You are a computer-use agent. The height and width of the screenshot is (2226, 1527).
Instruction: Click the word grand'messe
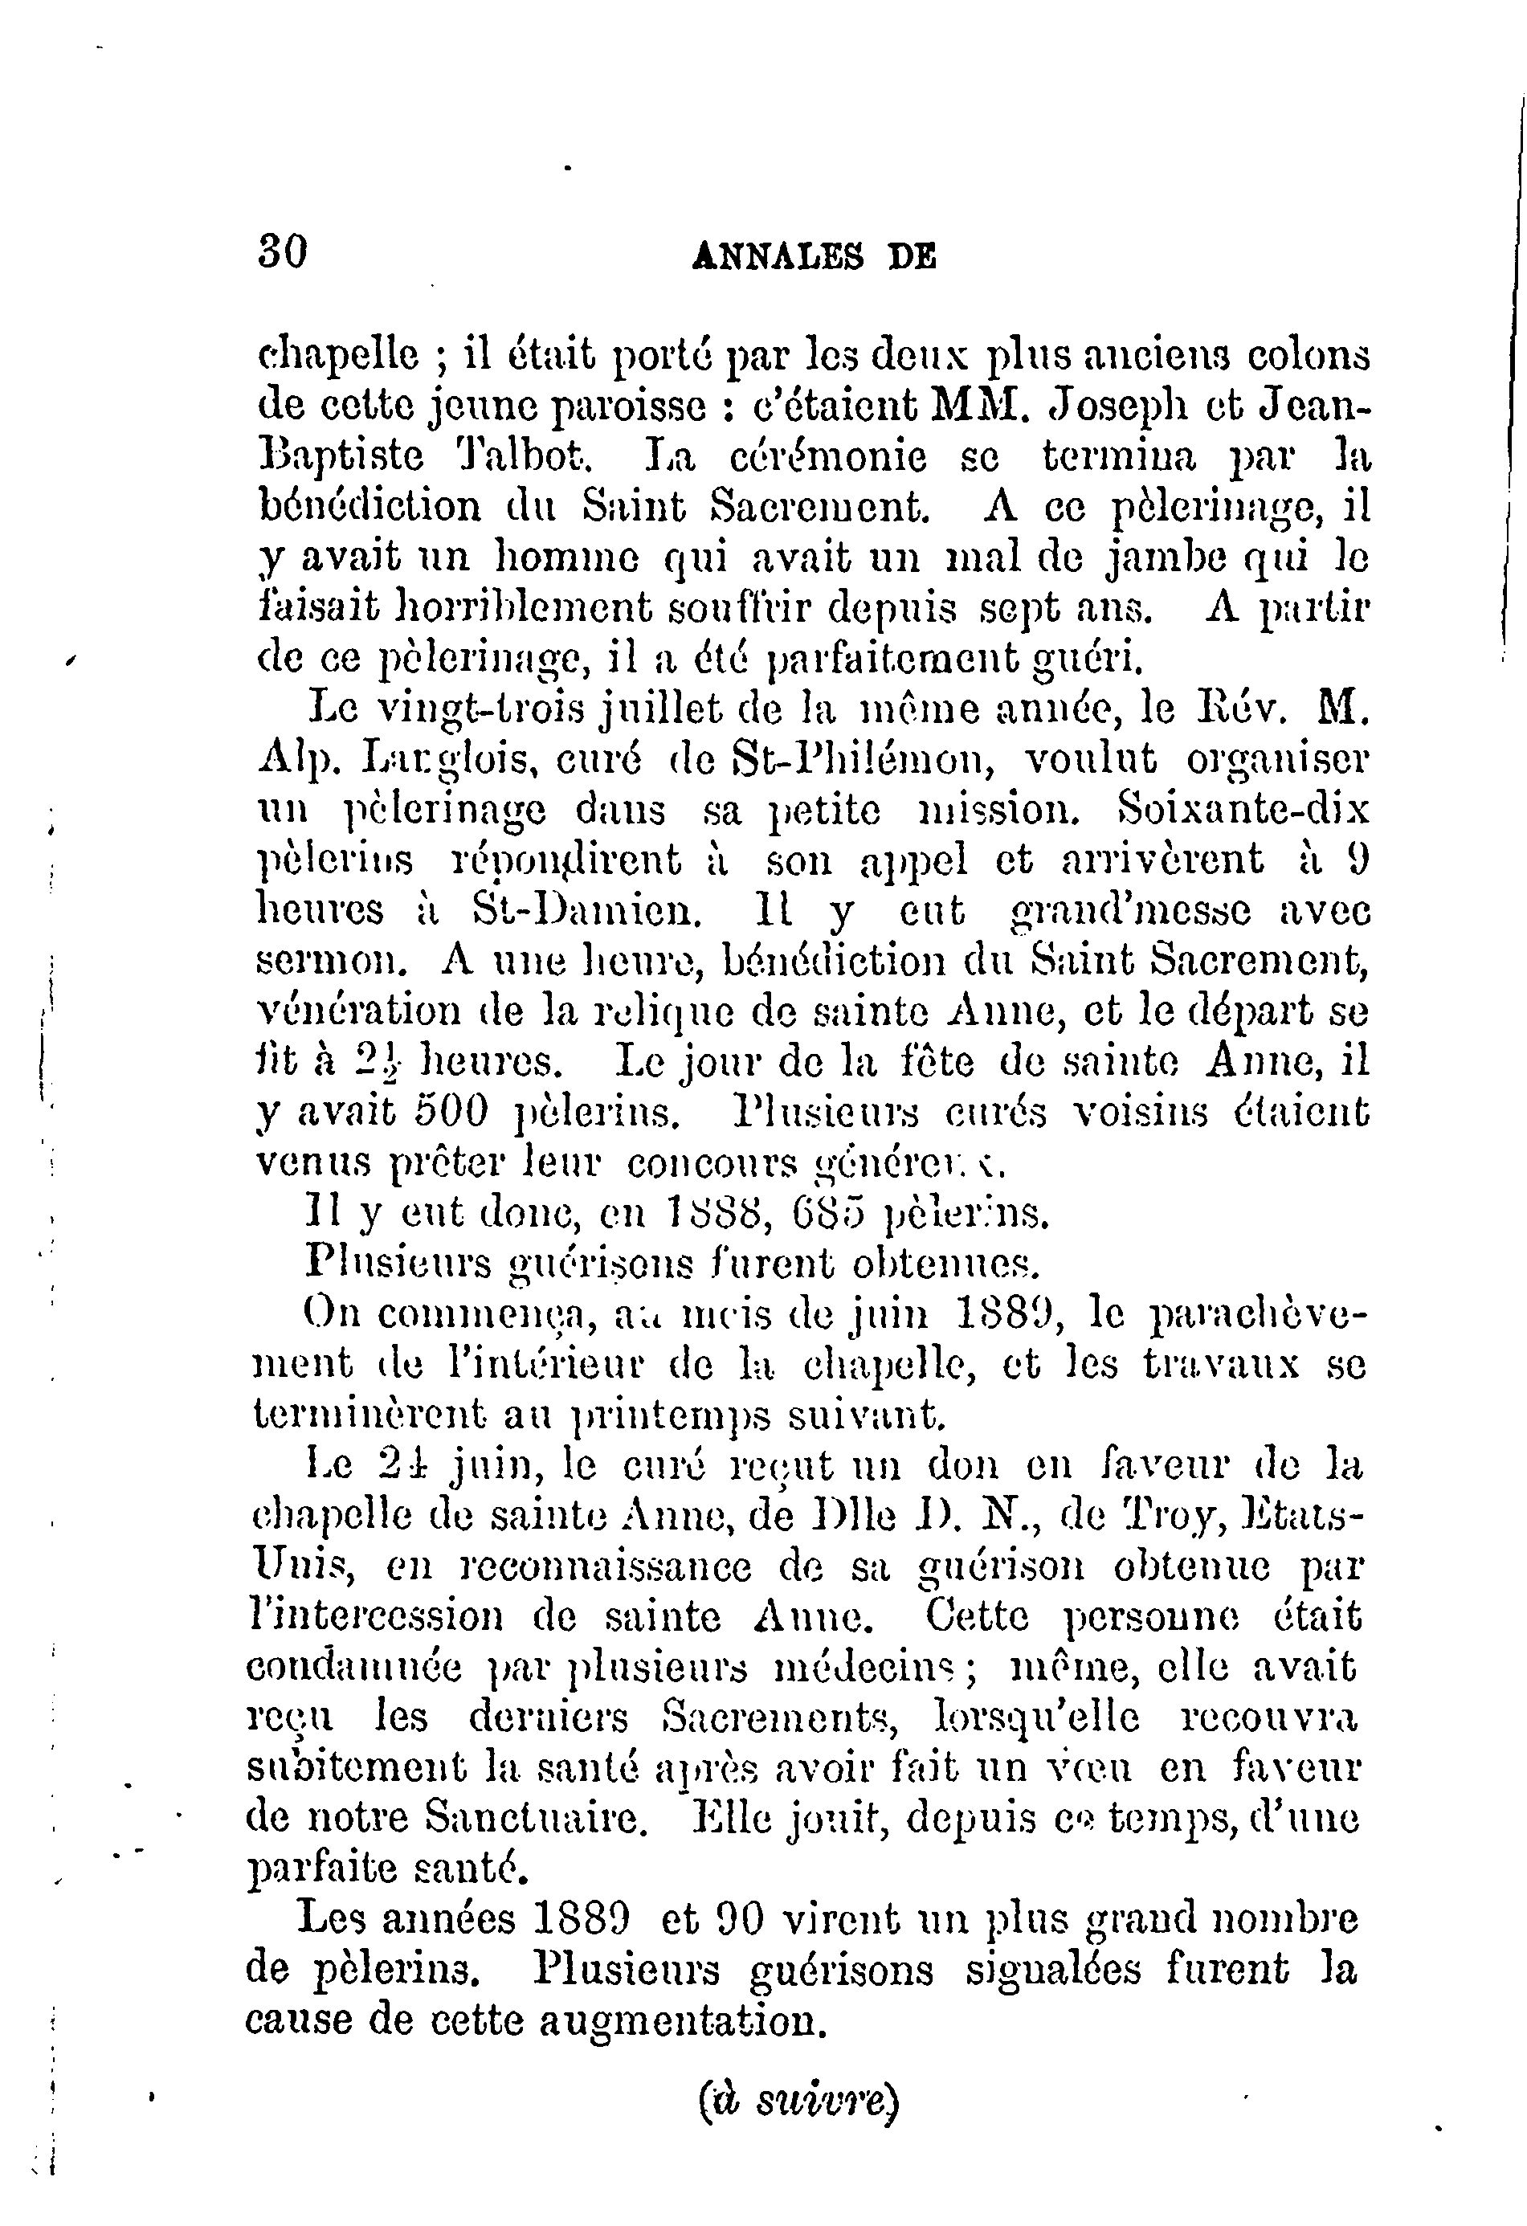pyautogui.click(x=1131, y=910)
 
